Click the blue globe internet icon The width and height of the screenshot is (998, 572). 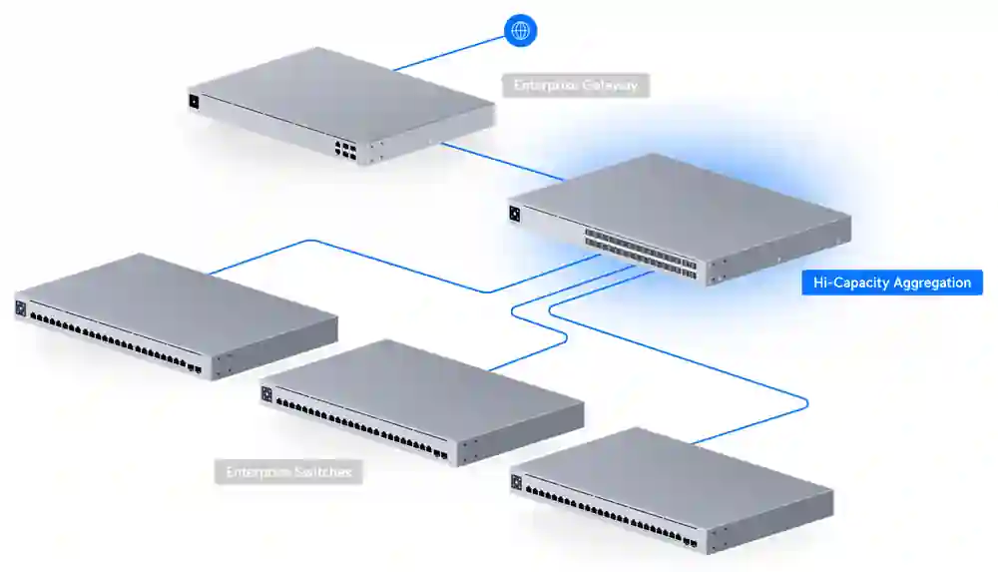520,30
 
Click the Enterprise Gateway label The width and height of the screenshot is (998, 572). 576,86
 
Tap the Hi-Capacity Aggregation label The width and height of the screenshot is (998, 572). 892,283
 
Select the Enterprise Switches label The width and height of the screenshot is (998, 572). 288,471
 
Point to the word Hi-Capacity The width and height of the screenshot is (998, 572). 851,283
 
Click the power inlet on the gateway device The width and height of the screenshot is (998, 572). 194,100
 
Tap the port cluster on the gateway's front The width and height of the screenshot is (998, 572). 345,150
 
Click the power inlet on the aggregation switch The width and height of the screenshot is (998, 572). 515,213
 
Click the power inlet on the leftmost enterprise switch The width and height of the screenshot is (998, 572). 20,308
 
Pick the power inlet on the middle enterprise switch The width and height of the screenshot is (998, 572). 266,394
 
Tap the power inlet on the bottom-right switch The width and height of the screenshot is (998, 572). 516,482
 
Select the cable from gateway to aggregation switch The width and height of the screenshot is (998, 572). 499,161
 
